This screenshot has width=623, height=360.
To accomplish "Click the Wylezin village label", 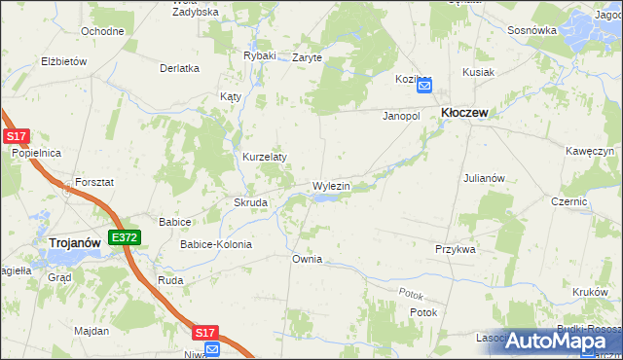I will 331,185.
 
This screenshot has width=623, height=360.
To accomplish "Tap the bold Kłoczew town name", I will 464,113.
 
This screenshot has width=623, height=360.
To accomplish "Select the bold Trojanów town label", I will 78,241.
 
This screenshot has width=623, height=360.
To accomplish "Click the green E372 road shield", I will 125,237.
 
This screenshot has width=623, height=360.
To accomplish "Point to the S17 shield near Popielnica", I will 15,137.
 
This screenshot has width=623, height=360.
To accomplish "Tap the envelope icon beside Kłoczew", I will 424,86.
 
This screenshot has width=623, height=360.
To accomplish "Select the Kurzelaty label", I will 264,157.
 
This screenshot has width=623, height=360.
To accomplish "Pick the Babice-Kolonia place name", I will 215,244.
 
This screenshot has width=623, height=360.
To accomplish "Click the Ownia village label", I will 307,260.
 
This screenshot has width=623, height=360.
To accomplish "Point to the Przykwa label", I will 455,249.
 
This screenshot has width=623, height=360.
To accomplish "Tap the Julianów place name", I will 484,178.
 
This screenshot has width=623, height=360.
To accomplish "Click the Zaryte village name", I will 307,57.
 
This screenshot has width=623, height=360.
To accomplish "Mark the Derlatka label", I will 179,68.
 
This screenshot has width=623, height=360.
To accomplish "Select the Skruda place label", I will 250,202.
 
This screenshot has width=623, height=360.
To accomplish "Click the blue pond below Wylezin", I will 326,198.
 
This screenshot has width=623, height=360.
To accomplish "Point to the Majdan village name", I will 92,331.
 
